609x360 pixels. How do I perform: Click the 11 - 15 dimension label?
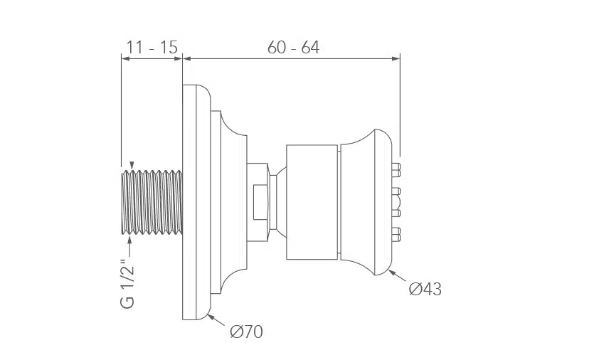(152, 48)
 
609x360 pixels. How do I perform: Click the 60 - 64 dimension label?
(294, 48)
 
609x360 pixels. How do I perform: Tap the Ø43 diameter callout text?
(425, 289)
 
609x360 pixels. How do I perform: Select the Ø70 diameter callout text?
(246, 332)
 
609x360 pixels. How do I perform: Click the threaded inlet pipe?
(152, 202)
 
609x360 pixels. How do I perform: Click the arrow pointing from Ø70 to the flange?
(216, 320)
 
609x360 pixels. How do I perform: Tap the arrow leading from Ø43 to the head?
(397, 276)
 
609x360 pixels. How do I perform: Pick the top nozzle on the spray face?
(396, 168)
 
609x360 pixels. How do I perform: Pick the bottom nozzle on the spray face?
(396, 233)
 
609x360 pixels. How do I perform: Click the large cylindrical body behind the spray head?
(312, 202)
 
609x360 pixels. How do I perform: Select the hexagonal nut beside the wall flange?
(258, 202)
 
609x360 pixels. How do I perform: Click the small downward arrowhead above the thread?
(132, 166)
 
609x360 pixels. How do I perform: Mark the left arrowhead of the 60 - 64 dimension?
(187, 58)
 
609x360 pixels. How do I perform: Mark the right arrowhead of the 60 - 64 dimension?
(396, 58)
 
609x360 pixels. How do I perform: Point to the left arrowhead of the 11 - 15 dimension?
(125, 58)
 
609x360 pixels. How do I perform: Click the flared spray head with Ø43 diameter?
(366, 202)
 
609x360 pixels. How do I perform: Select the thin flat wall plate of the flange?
(189, 202)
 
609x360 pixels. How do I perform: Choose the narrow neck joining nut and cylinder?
(277, 202)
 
